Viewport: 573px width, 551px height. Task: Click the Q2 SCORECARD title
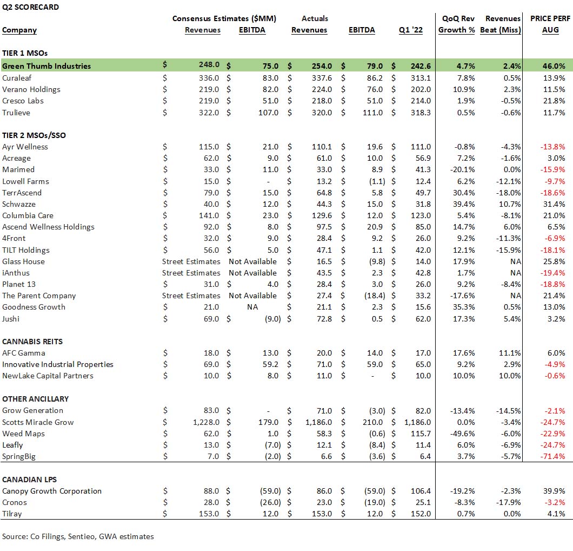tap(30, 7)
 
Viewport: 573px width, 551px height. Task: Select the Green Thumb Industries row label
tap(46, 66)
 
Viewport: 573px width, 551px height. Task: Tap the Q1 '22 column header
tap(411, 30)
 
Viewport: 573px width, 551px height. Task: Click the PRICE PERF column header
tap(550, 18)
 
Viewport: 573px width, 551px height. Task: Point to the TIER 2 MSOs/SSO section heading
tap(34, 135)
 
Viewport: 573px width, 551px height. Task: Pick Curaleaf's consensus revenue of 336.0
tap(209, 78)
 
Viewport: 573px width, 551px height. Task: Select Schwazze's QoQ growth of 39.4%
tap(464, 204)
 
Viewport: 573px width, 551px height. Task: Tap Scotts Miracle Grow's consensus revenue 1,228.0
tap(206, 422)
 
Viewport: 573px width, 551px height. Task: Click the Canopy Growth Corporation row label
tap(52, 491)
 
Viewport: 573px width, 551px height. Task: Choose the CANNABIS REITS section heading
tap(32, 342)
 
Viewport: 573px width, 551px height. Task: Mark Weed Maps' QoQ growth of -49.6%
tap(463, 434)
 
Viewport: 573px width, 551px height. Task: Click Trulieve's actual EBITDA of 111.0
tap(373, 113)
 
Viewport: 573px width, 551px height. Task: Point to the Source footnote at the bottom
tap(78, 536)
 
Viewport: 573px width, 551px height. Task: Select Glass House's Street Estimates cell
tap(191, 261)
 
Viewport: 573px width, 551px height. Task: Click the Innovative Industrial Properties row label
tap(58, 364)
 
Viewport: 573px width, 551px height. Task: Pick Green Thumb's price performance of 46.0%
tap(554, 66)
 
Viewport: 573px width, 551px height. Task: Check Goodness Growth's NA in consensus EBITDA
tap(252, 307)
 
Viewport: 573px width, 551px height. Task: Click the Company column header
tap(19, 30)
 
